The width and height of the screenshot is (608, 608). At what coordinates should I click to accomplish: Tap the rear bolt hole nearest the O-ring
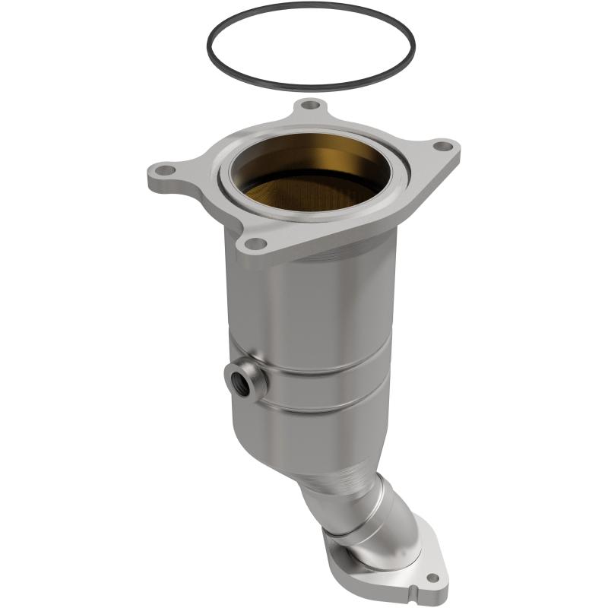point(307,106)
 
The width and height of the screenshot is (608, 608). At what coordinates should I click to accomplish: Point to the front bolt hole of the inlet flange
point(256,244)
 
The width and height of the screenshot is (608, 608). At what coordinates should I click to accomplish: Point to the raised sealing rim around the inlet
point(228,182)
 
